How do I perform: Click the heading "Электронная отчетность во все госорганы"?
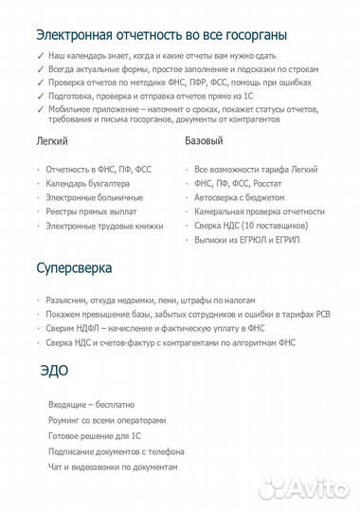pyautogui.click(x=162, y=35)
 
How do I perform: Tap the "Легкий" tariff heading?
pyautogui.click(x=52, y=141)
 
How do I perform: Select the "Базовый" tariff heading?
pyautogui.click(x=205, y=141)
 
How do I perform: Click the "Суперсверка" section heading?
pyautogui.click(x=76, y=268)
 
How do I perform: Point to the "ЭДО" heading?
pyautogui.click(x=55, y=369)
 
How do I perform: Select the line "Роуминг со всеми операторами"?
pyautogui.click(x=107, y=420)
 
